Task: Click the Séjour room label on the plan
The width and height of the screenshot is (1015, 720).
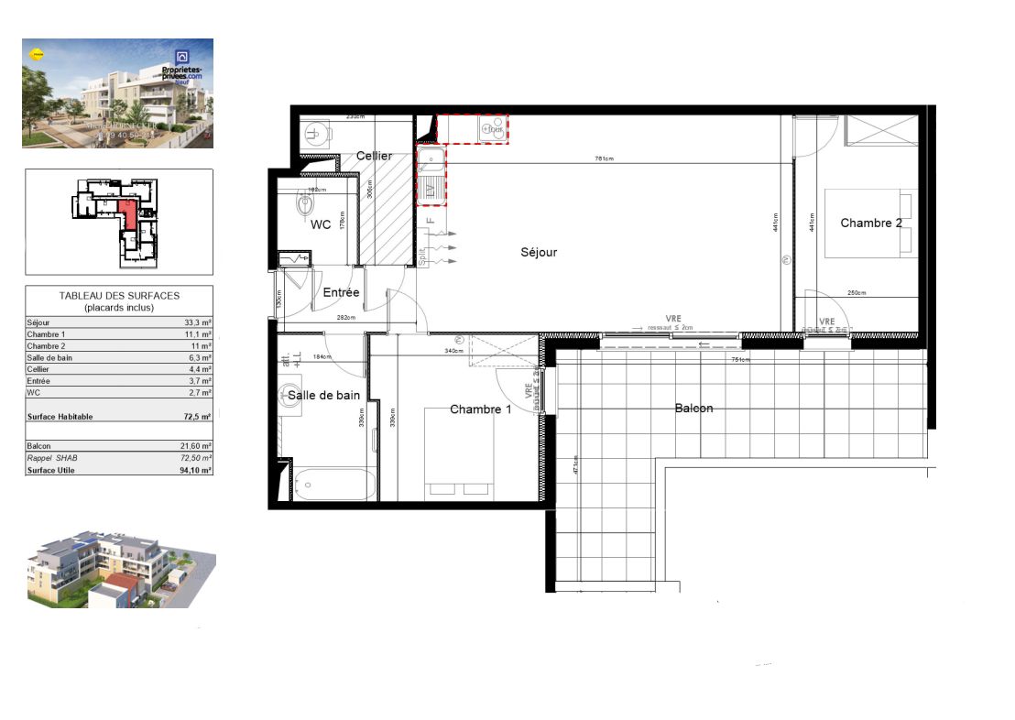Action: (x=539, y=252)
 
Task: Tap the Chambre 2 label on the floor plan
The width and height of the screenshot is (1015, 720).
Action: (x=871, y=223)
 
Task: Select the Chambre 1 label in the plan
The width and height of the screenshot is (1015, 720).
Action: (x=480, y=409)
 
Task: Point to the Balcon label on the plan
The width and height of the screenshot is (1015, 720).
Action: (x=693, y=408)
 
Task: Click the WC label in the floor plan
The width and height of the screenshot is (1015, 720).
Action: (x=321, y=224)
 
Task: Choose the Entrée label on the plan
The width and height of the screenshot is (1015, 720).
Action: (x=341, y=293)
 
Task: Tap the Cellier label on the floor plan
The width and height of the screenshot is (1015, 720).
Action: (x=374, y=156)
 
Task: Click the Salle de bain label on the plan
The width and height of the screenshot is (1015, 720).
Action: (x=323, y=395)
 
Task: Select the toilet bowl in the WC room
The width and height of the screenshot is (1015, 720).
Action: (x=305, y=203)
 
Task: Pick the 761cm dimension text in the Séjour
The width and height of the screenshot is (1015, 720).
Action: (x=603, y=158)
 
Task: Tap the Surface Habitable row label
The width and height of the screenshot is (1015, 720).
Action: (x=60, y=417)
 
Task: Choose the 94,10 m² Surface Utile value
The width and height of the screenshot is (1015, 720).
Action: (x=194, y=470)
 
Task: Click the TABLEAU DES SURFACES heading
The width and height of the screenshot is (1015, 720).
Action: (x=119, y=296)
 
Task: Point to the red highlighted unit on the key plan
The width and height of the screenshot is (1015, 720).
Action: (x=128, y=215)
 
